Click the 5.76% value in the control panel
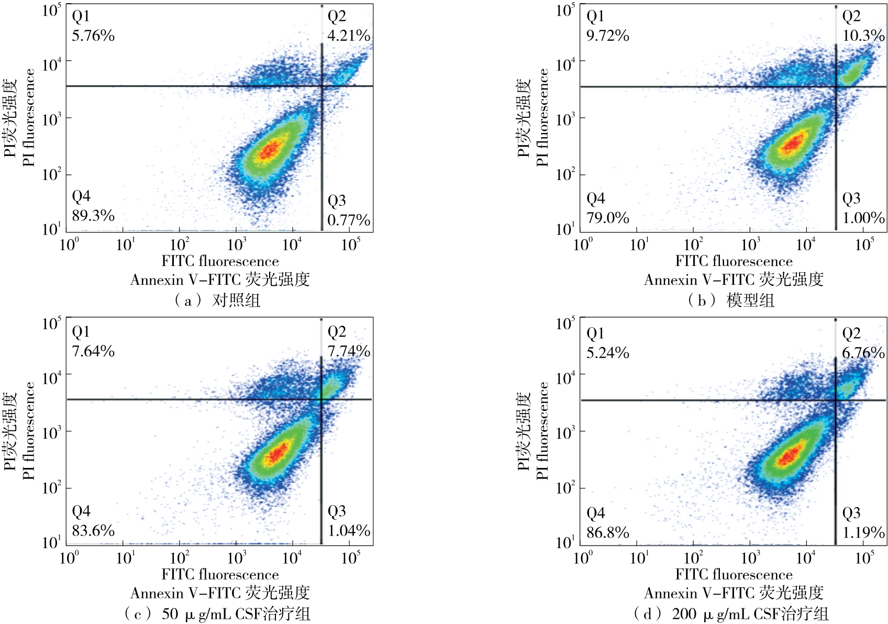(x=93, y=36)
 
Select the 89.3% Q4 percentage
(x=93, y=215)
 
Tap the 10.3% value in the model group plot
(x=863, y=36)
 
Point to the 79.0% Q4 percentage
(x=607, y=217)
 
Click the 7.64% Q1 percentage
(x=93, y=351)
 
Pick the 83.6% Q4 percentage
(x=93, y=530)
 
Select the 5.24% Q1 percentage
(x=607, y=353)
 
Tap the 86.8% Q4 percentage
(x=607, y=532)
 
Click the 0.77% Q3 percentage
(x=349, y=220)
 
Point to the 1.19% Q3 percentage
(x=863, y=532)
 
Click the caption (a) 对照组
(x=217, y=300)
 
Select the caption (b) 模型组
(x=731, y=300)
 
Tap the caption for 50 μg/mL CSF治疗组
(x=217, y=613)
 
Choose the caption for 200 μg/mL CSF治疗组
(x=731, y=613)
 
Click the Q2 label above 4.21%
(x=337, y=16)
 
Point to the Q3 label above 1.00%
(x=851, y=198)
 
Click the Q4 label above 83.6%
(x=81, y=511)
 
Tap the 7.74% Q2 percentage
(x=349, y=351)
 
